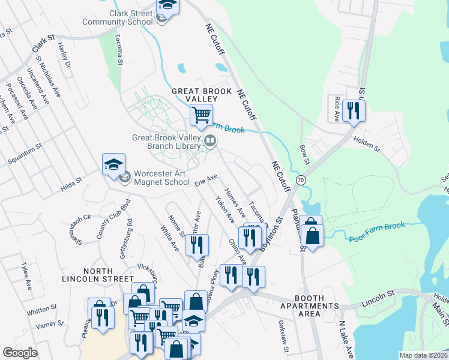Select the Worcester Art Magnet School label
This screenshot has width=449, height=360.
click(161, 178)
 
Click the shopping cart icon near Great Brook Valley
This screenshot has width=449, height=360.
click(201, 113)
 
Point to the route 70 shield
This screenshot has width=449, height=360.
click(301, 179)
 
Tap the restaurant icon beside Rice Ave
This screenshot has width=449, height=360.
click(354, 110)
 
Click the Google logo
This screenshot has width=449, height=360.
click(20, 353)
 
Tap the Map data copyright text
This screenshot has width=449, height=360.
click(423, 355)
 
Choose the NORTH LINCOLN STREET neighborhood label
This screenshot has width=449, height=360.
click(99, 279)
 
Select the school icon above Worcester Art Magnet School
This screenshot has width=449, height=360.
click(113, 165)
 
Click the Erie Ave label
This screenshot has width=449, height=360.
click(205, 181)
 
